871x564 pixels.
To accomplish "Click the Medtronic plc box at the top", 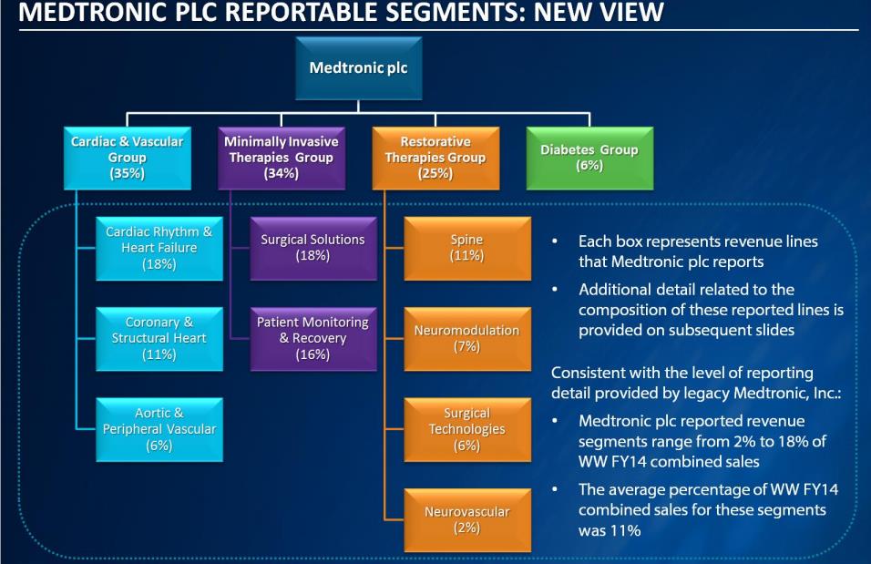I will click(x=358, y=68).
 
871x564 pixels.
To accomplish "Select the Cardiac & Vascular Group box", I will click(x=127, y=157).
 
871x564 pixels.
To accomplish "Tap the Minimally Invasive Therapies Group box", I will click(x=281, y=157).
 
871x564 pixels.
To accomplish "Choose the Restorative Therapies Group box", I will click(x=435, y=157).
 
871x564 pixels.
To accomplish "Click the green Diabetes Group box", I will click(x=589, y=157).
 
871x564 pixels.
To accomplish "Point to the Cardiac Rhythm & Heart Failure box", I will click(x=159, y=248).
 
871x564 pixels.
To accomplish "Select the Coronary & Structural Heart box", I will click(x=159, y=338).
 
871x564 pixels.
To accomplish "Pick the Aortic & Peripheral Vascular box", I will click(x=159, y=428).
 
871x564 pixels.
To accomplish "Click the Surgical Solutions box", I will click(x=313, y=248).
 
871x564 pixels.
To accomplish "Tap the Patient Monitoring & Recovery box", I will click(x=313, y=338).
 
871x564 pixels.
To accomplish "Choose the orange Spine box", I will click(x=466, y=248).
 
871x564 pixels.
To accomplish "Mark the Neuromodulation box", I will click(x=466, y=338).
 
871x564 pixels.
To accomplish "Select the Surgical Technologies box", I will click(x=466, y=428).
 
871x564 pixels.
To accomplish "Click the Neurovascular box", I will click(x=466, y=519).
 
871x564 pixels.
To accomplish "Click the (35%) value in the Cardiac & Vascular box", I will click(x=127, y=173).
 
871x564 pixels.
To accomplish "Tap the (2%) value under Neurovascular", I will click(x=466, y=528).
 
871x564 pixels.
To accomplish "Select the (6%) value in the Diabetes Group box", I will click(x=589, y=166).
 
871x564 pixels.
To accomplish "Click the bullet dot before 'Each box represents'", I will click(x=555, y=242).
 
